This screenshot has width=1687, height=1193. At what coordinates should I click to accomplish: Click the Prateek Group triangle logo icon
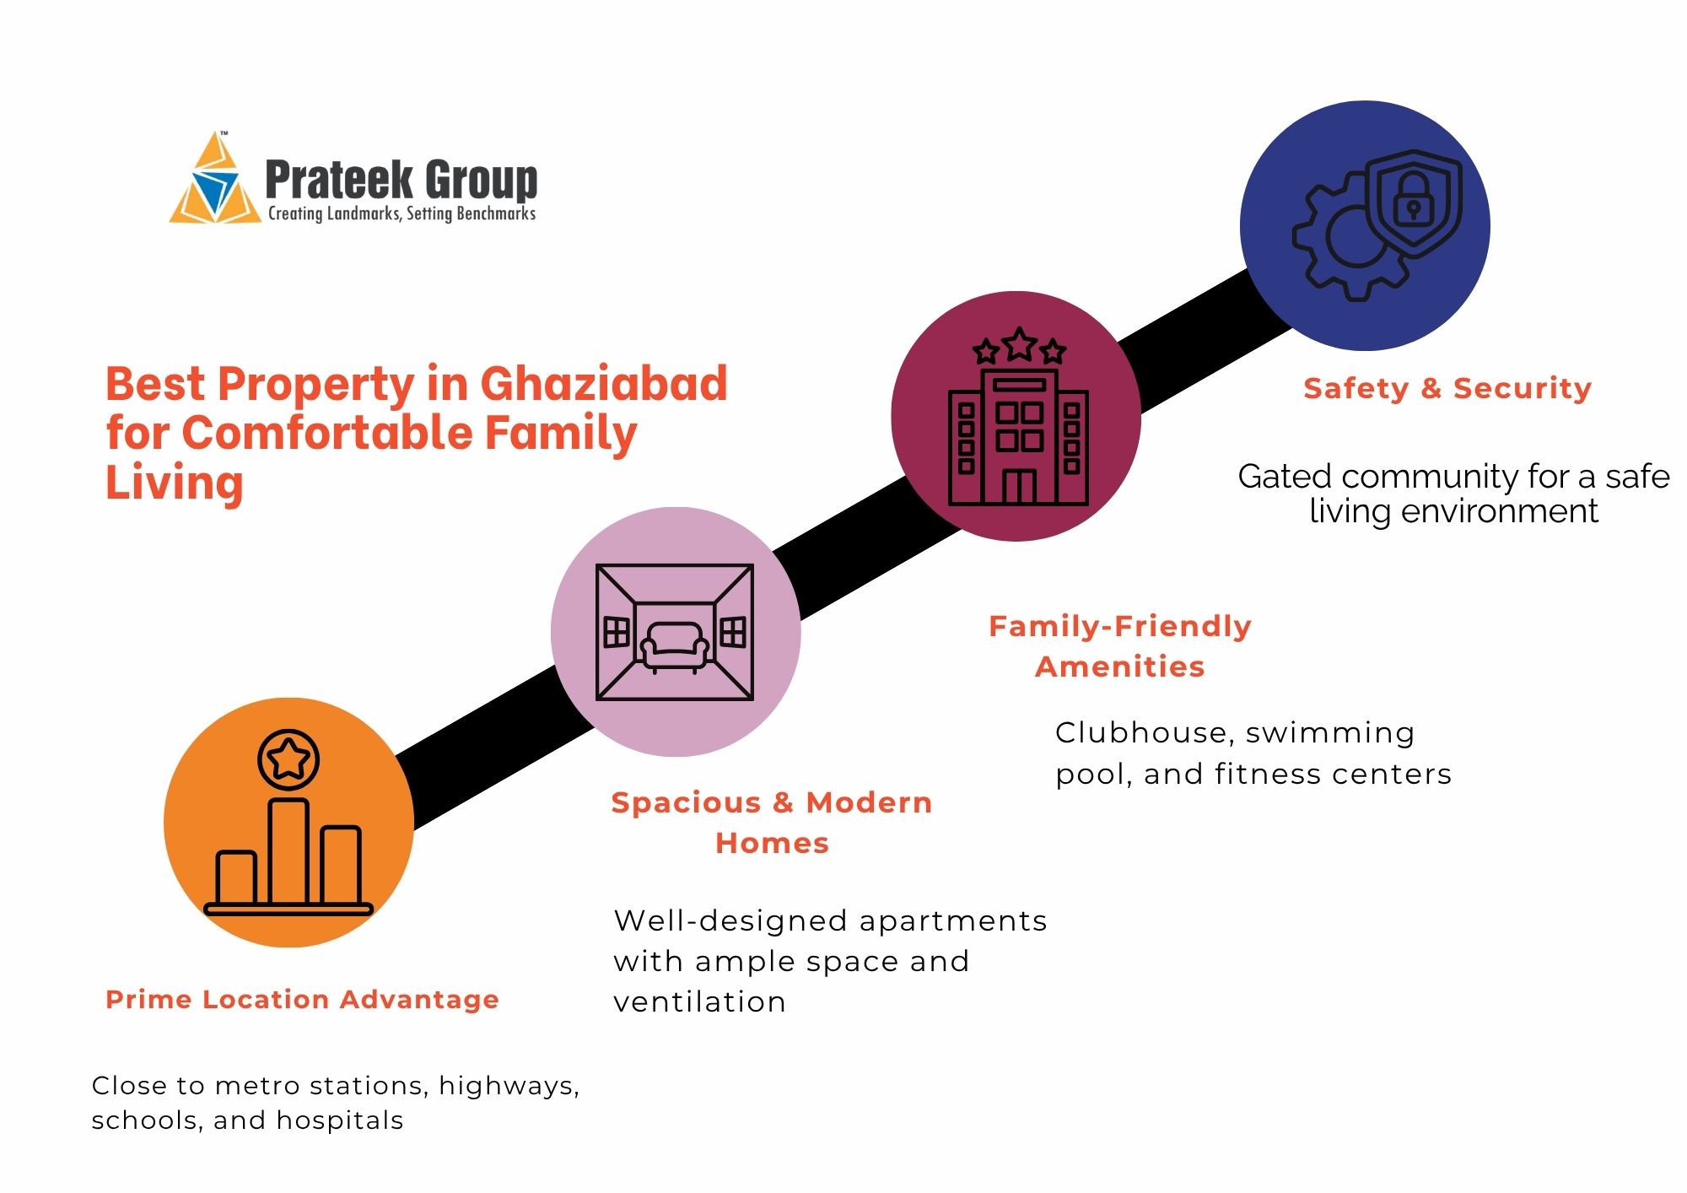coord(215,181)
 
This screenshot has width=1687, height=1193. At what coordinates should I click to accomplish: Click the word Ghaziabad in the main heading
coord(604,384)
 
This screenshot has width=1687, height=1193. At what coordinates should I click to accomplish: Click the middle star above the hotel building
coord(1019,344)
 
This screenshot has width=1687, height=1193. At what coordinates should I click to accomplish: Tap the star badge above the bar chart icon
coord(288,758)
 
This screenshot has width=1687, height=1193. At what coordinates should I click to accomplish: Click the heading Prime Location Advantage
coord(302,1000)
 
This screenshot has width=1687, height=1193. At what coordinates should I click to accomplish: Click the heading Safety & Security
coord(1447,388)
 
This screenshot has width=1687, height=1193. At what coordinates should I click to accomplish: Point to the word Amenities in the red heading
coord(1119,667)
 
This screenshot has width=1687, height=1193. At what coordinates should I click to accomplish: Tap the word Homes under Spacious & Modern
coord(772,843)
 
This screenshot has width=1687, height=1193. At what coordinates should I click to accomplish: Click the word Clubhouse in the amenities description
coord(1144,732)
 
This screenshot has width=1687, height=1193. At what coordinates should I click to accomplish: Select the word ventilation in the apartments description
coord(699,1001)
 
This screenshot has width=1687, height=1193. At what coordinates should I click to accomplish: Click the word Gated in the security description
coord(1285,477)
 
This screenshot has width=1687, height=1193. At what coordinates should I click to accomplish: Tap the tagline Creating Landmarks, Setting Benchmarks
coord(402,213)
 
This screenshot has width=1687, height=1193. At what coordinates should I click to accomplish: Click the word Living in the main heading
coord(175,483)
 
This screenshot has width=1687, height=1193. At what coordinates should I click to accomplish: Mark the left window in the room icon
coord(617,632)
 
